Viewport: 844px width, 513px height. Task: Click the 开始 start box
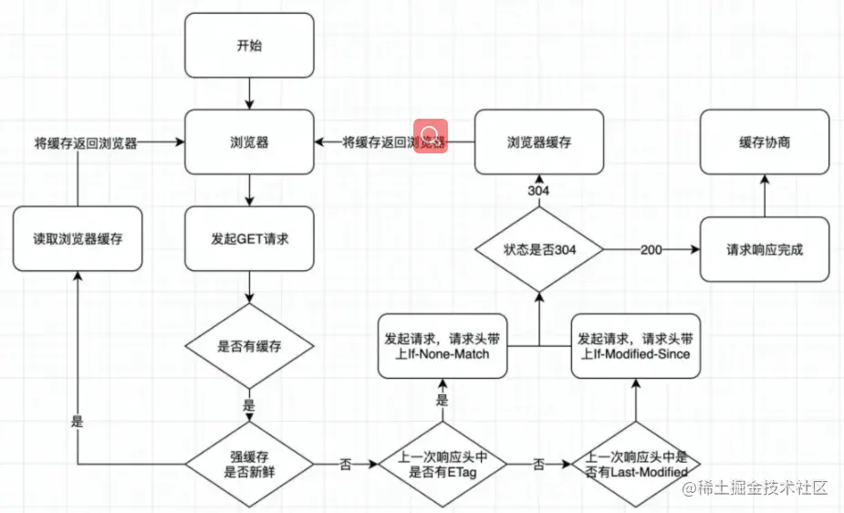(250, 45)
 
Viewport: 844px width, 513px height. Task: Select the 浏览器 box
(250, 142)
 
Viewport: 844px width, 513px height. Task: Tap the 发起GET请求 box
(250, 239)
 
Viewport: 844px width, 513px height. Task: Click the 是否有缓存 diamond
(250, 347)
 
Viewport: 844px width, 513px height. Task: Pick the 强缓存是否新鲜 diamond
(250, 465)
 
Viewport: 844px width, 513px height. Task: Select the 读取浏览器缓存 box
(78, 239)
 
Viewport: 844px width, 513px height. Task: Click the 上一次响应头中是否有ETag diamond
(443, 465)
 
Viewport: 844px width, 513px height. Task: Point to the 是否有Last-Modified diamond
(637, 465)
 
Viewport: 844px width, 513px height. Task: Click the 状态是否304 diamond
(539, 249)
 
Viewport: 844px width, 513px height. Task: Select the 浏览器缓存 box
(539, 142)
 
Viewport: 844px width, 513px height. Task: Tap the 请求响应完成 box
(765, 249)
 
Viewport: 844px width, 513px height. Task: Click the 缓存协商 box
(765, 142)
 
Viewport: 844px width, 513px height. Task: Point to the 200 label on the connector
(651, 249)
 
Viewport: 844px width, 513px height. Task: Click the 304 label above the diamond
(539, 191)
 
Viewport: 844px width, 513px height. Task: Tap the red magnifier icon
(430, 136)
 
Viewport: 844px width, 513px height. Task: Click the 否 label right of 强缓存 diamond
(345, 465)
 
